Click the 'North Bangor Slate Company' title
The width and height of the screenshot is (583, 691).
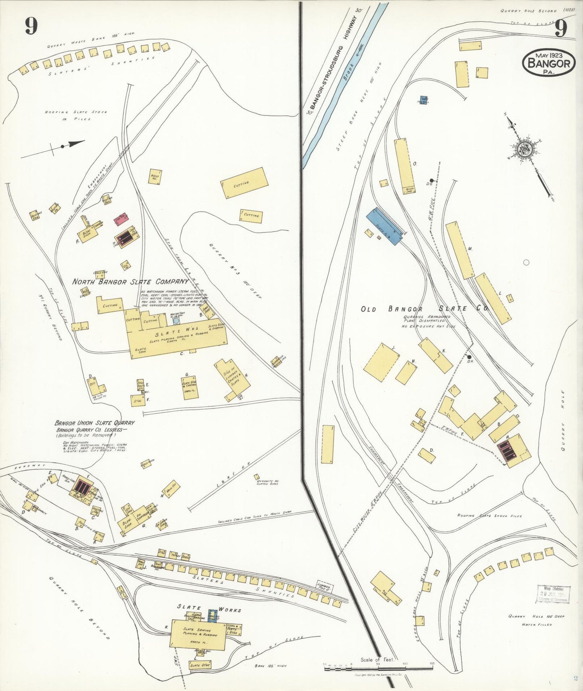point(130,281)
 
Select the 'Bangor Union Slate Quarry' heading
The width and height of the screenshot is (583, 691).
point(94,423)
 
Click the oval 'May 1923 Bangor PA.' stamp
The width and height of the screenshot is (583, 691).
point(548,62)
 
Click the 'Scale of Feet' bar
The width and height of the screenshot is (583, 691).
point(378,668)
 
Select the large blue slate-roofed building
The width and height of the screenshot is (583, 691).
point(384,226)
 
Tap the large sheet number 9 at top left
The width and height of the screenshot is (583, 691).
point(31,27)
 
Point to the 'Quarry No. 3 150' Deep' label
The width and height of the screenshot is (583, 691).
point(235,270)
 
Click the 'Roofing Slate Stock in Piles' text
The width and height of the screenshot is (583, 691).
point(76,115)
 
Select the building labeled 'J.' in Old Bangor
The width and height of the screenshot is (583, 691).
point(382,362)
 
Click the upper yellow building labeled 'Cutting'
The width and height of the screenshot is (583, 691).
point(244,183)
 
